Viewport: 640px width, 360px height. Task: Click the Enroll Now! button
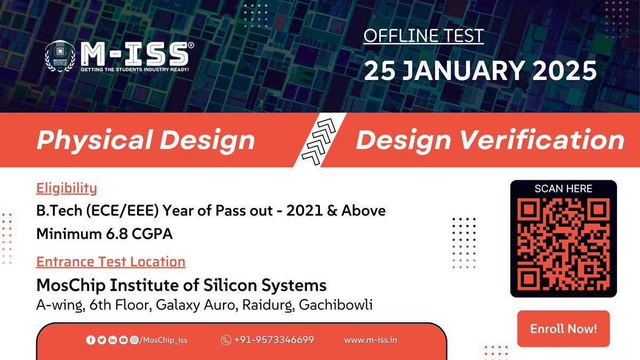(563, 329)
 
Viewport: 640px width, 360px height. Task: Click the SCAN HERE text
(563, 188)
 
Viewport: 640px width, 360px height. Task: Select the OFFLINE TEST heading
(423, 36)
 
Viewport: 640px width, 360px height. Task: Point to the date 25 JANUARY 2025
(479, 70)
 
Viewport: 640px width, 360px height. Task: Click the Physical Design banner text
(146, 140)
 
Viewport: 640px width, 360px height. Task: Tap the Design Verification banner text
(490, 140)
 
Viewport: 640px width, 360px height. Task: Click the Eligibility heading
(66, 188)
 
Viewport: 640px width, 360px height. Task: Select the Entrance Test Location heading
(110, 261)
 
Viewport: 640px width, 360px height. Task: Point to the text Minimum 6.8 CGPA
(105, 234)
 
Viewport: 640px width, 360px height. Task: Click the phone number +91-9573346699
(274, 340)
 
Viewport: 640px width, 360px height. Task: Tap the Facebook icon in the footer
(90, 340)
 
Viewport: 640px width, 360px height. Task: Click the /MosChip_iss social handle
(163, 340)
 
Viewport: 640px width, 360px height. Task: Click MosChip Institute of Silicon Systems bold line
(181, 285)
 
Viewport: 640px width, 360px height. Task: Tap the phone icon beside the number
(226, 340)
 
